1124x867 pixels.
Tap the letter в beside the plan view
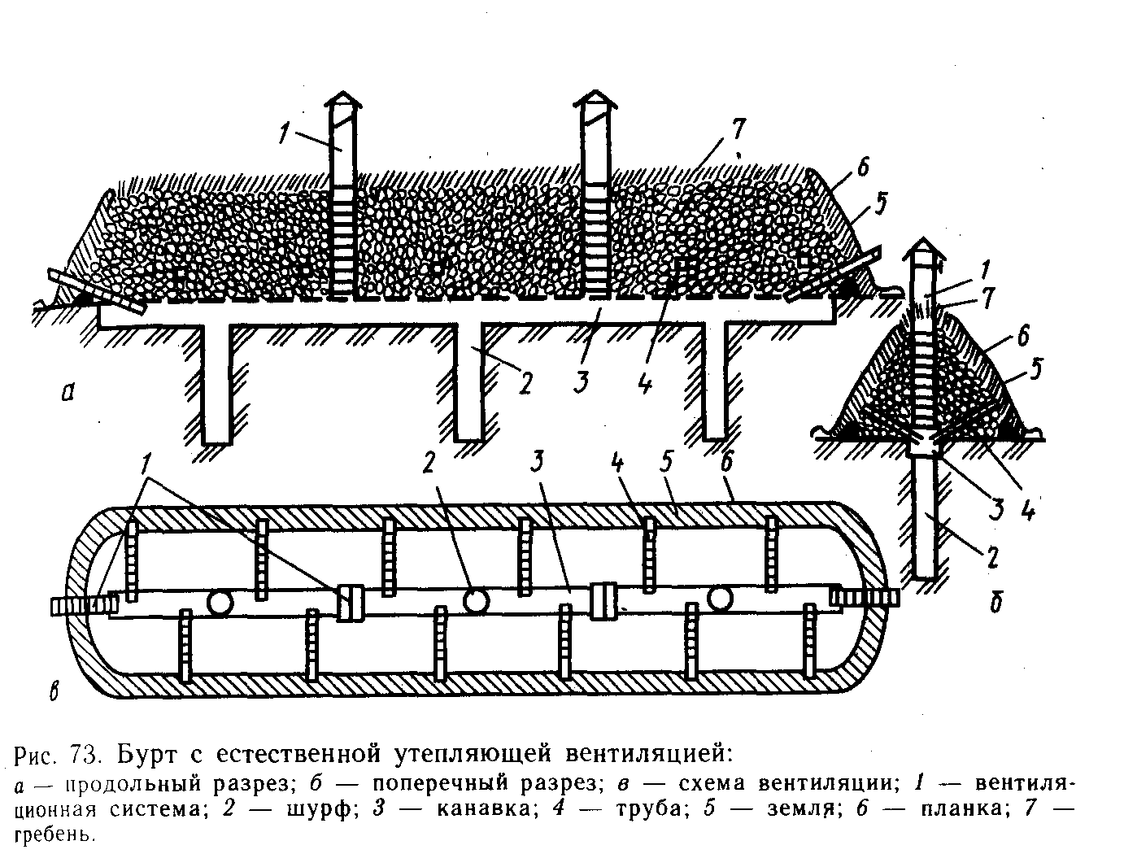(54, 692)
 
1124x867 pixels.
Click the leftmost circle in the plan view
(219, 603)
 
